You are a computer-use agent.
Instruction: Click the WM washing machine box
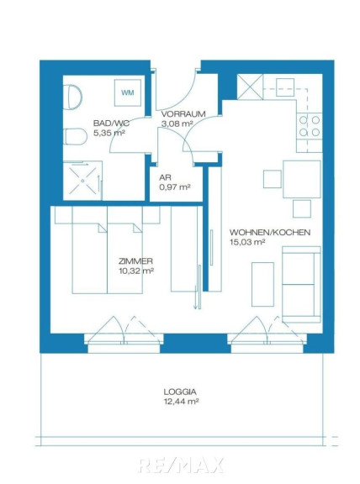[x=128, y=92]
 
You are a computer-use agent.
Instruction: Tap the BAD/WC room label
[x=111, y=124]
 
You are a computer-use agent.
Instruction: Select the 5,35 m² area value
[x=109, y=134]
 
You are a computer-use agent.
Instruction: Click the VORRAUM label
[x=183, y=114]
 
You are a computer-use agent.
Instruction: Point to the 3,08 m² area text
[x=177, y=124]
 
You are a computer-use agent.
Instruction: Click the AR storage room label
[x=165, y=178]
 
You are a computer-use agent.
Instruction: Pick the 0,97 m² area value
[x=174, y=187]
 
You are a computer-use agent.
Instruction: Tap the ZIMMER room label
[x=135, y=261]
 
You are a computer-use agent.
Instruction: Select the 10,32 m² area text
[x=136, y=271]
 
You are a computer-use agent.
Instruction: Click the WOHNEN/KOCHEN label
[x=270, y=232]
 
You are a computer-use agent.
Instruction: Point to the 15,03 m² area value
[x=247, y=242]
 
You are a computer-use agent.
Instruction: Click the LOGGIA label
[x=180, y=392]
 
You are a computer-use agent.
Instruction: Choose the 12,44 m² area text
[x=181, y=402]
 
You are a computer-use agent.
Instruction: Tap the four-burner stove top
[x=310, y=126]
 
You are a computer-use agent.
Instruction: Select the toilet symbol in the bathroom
[x=75, y=137]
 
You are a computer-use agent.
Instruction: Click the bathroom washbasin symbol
[x=73, y=97]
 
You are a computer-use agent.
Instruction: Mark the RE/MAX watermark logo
[x=181, y=466]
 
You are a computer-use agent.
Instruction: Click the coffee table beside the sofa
[x=262, y=284]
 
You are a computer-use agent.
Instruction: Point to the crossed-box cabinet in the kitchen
[x=250, y=87]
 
